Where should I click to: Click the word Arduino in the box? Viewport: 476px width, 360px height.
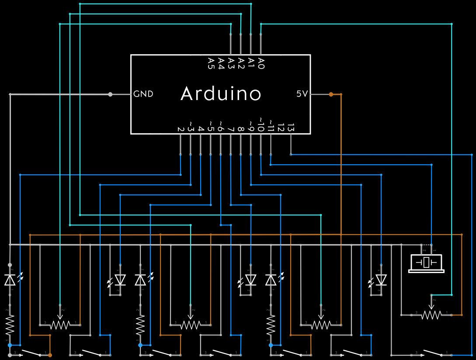pyautogui.click(x=221, y=94)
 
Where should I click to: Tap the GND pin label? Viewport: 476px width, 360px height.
pyautogui.click(x=143, y=94)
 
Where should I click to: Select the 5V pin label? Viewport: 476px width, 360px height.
pyautogui.click(x=302, y=94)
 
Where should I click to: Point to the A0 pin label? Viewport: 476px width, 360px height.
pyautogui.click(x=261, y=63)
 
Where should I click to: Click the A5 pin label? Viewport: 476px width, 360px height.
pyautogui.click(x=211, y=63)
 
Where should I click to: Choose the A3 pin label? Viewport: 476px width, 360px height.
pyautogui.click(x=231, y=63)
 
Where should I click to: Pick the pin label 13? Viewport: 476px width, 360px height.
pyautogui.click(x=291, y=128)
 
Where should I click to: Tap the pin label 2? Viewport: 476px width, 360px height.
pyautogui.click(x=180, y=129)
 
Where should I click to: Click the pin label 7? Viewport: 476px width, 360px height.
pyautogui.click(x=231, y=129)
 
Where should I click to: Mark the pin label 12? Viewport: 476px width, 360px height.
pyautogui.click(x=281, y=128)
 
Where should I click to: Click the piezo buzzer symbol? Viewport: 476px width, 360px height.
pyautogui.click(x=426, y=263)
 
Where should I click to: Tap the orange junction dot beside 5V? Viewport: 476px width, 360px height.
pyautogui.click(x=331, y=94)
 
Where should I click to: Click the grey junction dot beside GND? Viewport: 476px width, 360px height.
pyautogui.click(x=110, y=94)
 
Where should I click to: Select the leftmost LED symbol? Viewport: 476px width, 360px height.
pyautogui.click(x=10, y=280)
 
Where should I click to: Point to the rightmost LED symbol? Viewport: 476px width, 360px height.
pyautogui.click(x=381, y=280)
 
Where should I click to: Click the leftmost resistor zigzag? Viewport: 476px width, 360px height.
pyautogui.click(x=10, y=325)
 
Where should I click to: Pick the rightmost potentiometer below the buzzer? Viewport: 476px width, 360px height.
pyautogui.click(x=431, y=314)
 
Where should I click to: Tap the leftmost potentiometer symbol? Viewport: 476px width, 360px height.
pyautogui.click(x=60, y=324)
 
